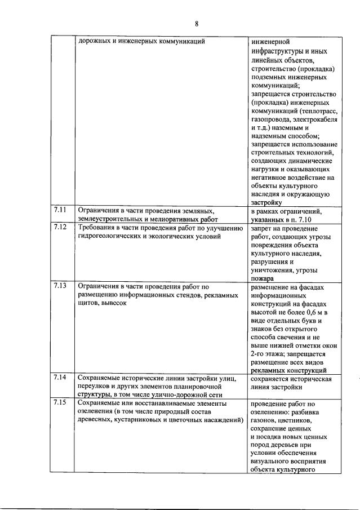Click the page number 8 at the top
click(x=197, y=23)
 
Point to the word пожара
click(x=263, y=278)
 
